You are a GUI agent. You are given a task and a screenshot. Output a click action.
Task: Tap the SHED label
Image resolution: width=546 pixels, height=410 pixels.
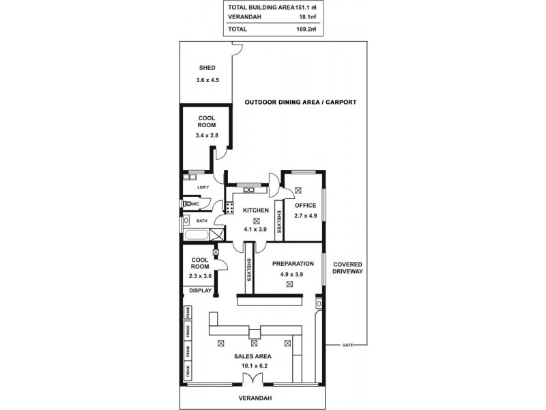point(207,68)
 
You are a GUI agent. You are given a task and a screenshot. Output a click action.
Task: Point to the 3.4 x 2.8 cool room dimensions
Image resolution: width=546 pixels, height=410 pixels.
point(207,136)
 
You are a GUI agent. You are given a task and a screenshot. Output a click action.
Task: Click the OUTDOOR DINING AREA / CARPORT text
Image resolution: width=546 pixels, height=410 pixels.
point(300,102)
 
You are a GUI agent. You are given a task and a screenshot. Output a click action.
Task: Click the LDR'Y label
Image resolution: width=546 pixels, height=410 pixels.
point(202,187)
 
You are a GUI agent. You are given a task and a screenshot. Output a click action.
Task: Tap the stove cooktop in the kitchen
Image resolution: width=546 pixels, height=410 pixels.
point(229,206)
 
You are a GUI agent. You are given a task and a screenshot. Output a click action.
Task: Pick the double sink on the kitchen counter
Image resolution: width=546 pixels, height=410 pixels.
point(244,184)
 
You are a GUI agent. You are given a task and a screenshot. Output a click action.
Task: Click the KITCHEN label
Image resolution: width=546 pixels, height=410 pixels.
point(255,210)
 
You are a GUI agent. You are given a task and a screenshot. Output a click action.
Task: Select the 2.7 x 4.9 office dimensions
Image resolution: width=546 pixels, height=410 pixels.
point(305,216)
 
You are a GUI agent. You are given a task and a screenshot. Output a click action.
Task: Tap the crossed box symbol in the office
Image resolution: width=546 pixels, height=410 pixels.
point(298,191)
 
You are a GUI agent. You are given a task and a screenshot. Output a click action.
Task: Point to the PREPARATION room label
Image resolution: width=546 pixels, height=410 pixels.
point(292,263)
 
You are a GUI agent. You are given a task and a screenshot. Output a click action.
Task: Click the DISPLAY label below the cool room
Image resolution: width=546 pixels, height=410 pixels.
point(200,290)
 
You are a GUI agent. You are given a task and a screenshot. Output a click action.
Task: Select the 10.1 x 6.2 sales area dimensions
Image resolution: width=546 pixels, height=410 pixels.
point(254,366)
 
